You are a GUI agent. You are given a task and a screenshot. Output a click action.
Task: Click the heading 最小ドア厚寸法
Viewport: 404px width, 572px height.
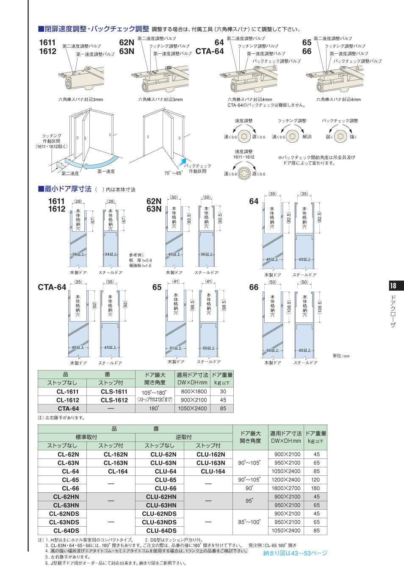pos(68,189)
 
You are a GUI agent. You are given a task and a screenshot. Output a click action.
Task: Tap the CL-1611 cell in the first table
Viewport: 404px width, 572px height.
pos(67,392)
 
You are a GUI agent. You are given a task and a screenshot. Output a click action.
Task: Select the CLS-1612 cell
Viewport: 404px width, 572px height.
pos(114,400)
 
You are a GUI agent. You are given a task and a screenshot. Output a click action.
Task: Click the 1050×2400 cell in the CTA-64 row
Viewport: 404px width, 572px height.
pos(192,408)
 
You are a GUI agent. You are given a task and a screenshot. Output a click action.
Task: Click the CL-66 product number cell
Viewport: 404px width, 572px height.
pos(70,488)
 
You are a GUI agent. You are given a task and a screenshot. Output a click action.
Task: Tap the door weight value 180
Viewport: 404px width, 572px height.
pos(316,488)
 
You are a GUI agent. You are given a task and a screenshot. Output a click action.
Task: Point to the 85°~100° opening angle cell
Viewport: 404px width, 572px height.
pos(249,522)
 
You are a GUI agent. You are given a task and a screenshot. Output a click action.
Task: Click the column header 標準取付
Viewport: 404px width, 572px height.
pos(86,437)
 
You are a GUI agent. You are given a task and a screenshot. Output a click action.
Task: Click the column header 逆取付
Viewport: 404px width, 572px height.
pos(183,437)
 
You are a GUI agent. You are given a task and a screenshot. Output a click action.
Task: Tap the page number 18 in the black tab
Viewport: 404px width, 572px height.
pos(393,286)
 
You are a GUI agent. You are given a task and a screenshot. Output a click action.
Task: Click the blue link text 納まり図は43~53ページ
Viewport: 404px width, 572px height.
pos(295,553)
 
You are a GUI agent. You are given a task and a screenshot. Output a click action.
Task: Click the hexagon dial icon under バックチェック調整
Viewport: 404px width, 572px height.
pos(340,136)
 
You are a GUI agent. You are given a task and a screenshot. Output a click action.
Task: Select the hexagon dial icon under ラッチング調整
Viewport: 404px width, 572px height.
pos(292,136)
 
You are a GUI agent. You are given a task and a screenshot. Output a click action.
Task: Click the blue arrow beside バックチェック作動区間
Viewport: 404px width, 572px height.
pos(182,162)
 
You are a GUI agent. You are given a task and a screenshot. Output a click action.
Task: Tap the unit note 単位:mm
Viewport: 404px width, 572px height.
pos(341,356)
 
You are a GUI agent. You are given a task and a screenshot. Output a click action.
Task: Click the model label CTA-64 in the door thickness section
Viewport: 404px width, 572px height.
pos(52,287)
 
